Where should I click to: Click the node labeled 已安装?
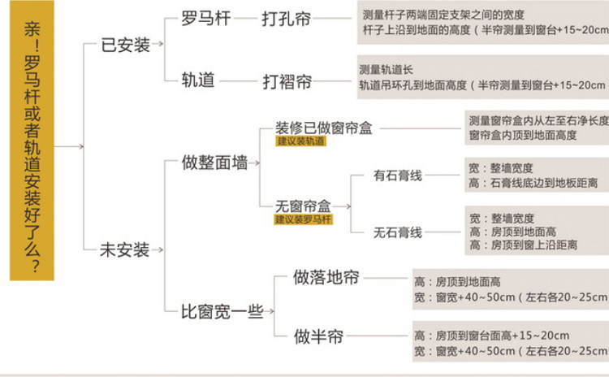point(126,45)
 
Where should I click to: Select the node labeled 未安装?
point(125,249)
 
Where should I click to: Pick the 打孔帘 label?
point(286,17)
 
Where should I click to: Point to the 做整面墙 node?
point(215,162)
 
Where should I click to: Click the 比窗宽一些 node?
point(224,311)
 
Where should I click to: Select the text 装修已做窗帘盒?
point(324,128)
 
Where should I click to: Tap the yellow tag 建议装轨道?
point(300,141)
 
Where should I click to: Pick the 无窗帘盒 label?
point(301,206)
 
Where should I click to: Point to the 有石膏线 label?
point(397,175)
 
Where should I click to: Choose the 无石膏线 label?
point(397,232)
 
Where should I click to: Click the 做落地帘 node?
point(326,278)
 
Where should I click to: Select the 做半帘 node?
point(318,335)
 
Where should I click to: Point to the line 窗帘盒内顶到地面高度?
point(523,135)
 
